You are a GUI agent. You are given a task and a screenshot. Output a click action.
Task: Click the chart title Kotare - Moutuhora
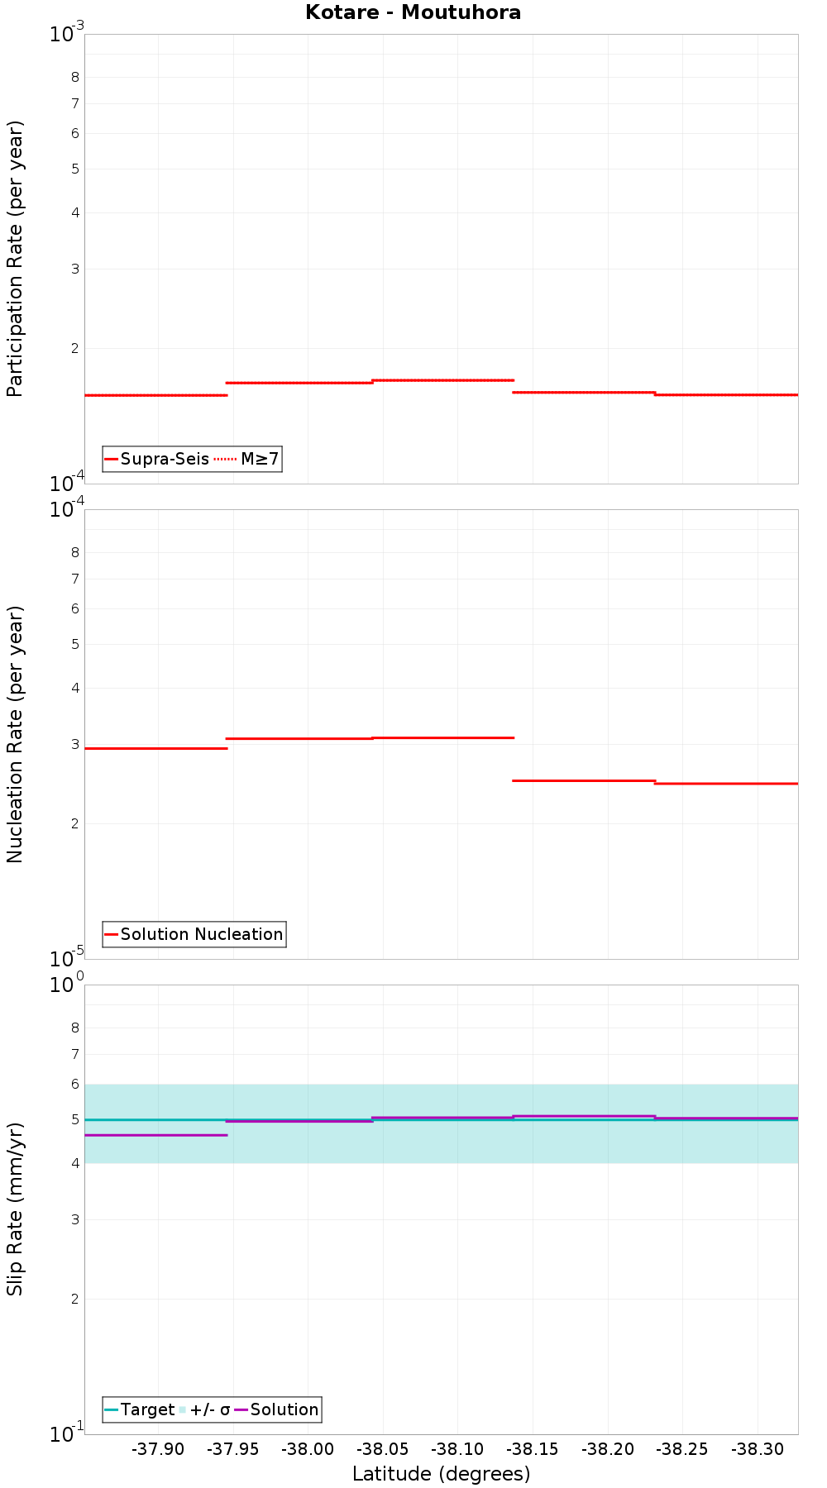click(x=413, y=12)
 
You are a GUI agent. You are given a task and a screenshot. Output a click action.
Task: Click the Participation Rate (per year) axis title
click(x=16, y=259)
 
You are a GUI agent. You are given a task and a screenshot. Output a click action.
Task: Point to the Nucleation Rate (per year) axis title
click(x=16, y=734)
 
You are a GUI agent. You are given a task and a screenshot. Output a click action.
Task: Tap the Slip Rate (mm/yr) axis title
click(x=16, y=1209)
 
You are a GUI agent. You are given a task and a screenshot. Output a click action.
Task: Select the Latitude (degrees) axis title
click(x=441, y=1473)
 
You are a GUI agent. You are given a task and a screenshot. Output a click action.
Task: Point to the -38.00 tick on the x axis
click(x=308, y=1449)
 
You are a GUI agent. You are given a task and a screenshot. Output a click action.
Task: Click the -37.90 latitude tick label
click(x=157, y=1449)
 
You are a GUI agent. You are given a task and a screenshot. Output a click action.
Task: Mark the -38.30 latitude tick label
click(x=758, y=1449)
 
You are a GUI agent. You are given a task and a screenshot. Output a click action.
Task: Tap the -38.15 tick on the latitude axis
click(x=533, y=1449)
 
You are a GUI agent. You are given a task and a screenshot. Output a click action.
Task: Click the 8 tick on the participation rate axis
click(x=75, y=78)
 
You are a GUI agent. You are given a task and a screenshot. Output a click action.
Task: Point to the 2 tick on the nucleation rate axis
click(x=75, y=823)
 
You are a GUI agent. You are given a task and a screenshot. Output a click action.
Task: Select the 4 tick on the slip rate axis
click(x=75, y=1163)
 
